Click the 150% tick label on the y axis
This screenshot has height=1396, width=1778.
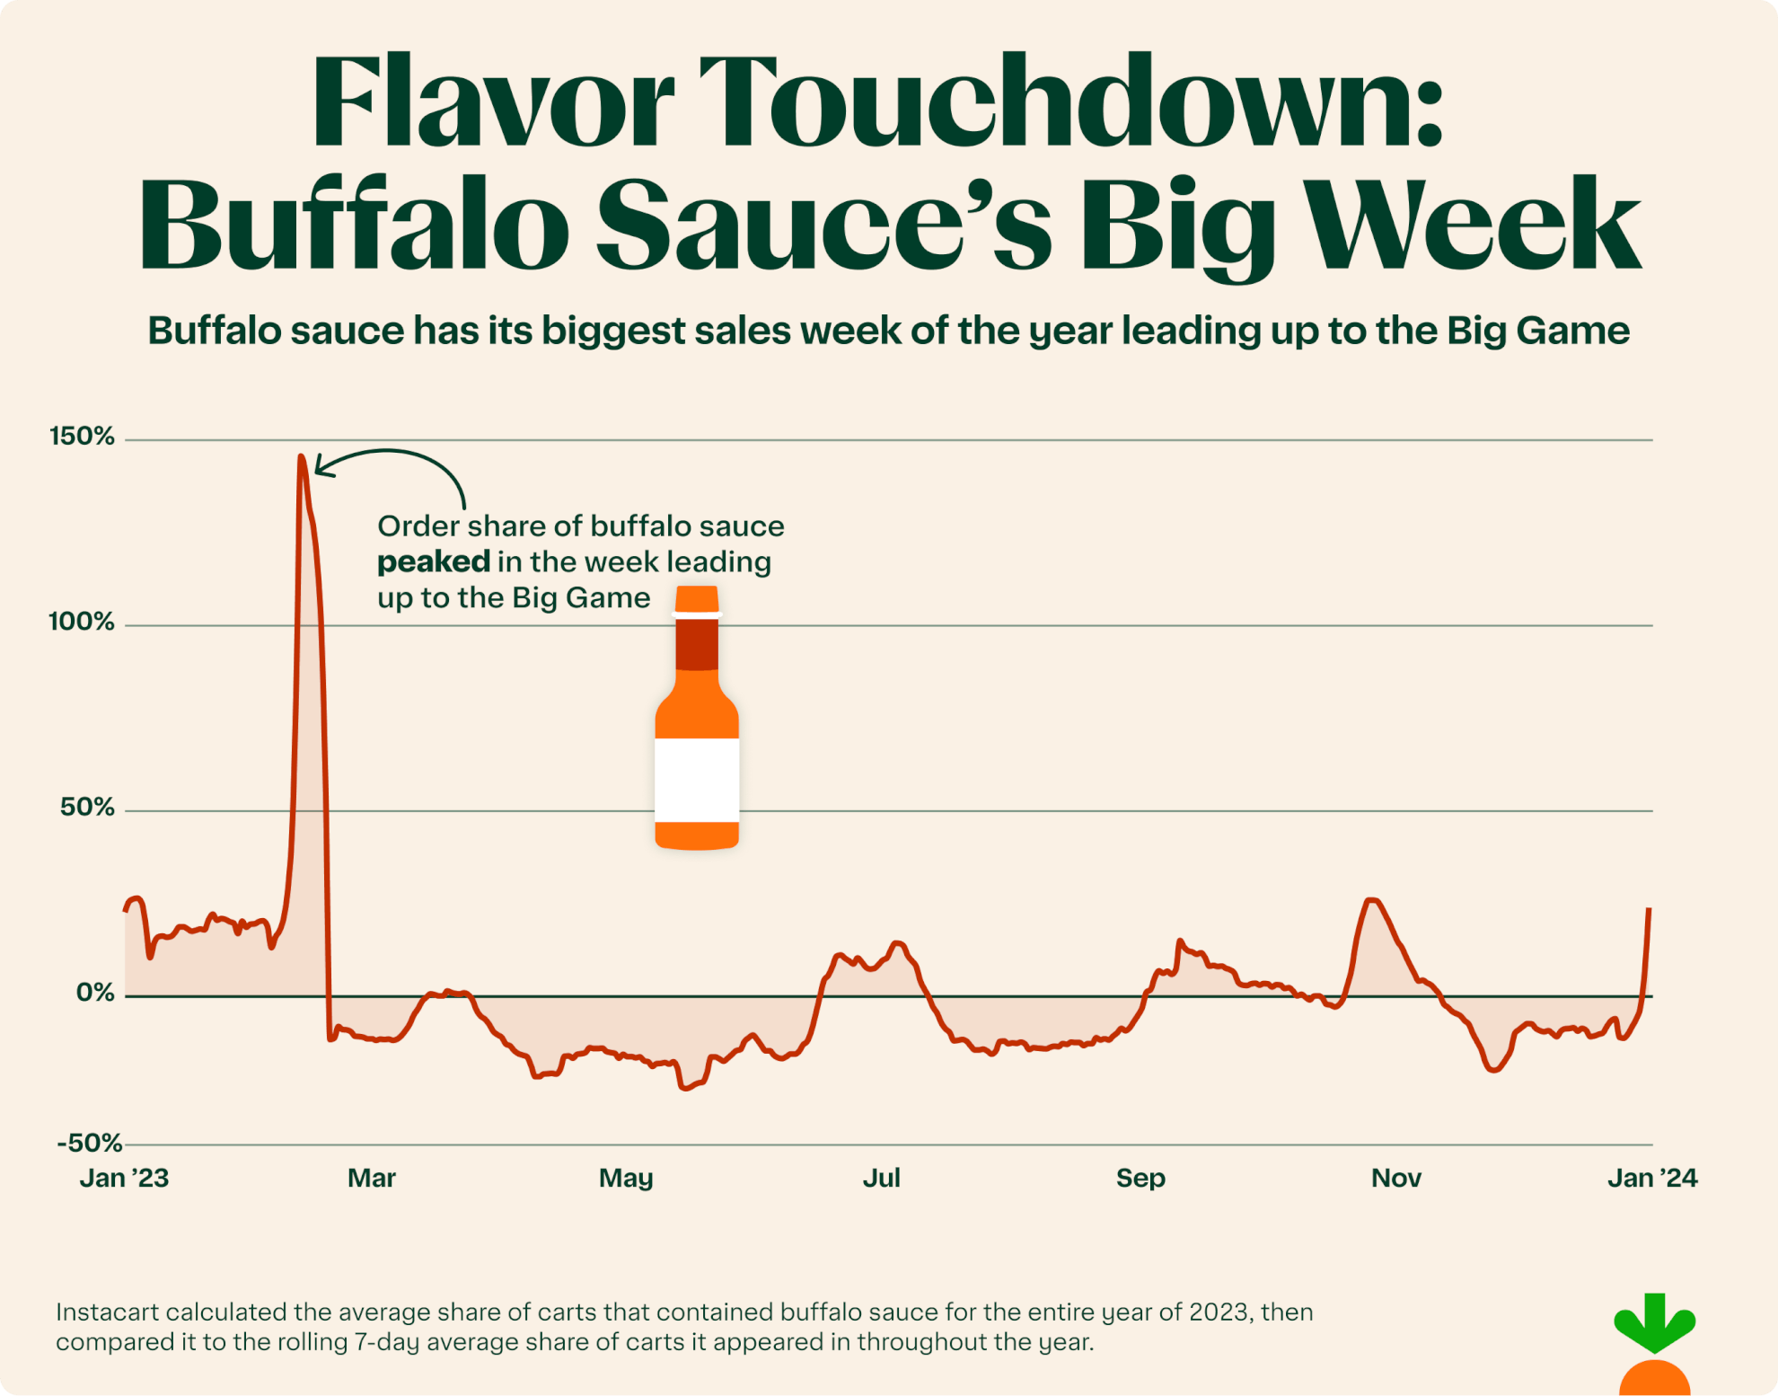pyautogui.click(x=82, y=437)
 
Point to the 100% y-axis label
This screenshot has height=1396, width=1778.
pyautogui.click(x=82, y=622)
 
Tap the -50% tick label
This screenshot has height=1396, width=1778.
pyautogui.click(x=89, y=1143)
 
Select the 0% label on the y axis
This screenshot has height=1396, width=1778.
pyautogui.click(x=95, y=993)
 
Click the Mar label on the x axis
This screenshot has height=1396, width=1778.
pyautogui.click(x=371, y=1178)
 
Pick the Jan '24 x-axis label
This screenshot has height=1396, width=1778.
pyautogui.click(x=1651, y=1178)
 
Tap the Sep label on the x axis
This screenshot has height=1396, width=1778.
pyautogui.click(x=1140, y=1178)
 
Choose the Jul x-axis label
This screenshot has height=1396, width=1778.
pyautogui.click(x=881, y=1178)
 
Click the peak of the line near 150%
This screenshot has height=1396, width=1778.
pyautogui.click(x=302, y=457)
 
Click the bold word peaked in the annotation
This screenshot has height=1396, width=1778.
pyautogui.click(x=433, y=562)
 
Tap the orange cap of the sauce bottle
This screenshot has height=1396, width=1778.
pyautogui.click(x=697, y=598)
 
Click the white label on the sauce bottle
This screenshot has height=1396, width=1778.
pyautogui.click(x=697, y=780)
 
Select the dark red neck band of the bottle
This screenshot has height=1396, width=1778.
pyautogui.click(x=697, y=644)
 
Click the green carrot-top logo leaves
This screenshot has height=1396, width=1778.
pyautogui.click(x=1654, y=1322)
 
